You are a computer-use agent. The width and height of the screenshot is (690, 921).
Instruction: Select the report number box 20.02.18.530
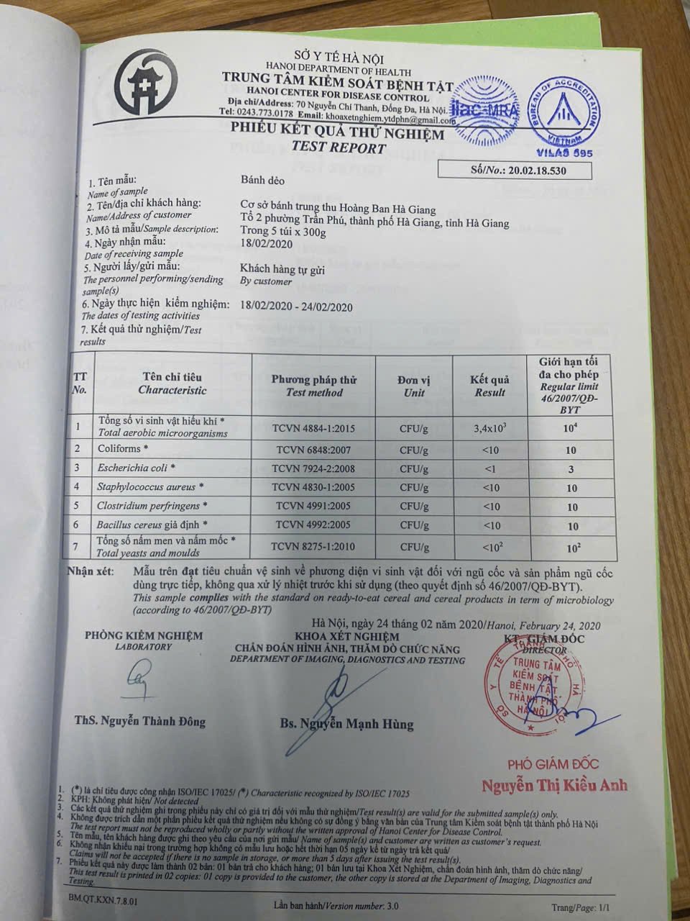[x=515, y=171]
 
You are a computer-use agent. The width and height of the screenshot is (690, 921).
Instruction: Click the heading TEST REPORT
[x=339, y=148]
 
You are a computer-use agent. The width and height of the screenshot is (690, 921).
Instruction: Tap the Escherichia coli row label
[x=137, y=468]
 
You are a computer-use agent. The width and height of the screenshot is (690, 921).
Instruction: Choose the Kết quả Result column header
[x=489, y=386]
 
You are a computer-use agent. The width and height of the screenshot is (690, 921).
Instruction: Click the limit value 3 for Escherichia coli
[x=571, y=469]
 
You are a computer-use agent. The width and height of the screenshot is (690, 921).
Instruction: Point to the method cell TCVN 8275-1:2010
[x=312, y=547]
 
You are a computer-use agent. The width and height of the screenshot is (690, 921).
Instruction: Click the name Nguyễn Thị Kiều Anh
[x=554, y=784]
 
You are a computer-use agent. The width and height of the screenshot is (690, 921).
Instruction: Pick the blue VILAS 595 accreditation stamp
[x=565, y=115]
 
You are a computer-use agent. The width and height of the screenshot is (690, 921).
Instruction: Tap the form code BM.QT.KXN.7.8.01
[x=103, y=899]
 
